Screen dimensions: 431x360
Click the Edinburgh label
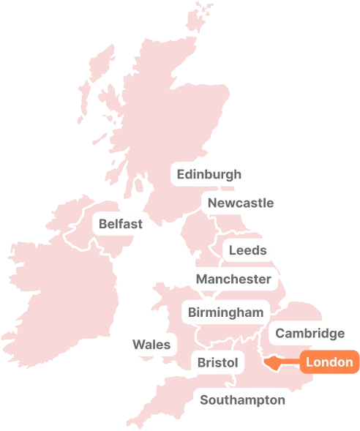[x=209, y=175]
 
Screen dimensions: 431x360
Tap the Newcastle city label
[x=240, y=203]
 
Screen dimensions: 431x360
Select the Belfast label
[x=121, y=224]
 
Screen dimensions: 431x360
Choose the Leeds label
[x=248, y=250]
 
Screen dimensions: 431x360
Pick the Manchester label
[x=233, y=279]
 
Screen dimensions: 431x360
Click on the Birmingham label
[x=225, y=312]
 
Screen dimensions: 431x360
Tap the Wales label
[x=151, y=345]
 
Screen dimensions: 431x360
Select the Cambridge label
[x=310, y=334]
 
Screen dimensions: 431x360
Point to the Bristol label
[x=218, y=362]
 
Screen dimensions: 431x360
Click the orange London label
[x=329, y=362]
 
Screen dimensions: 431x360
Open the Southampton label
[x=242, y=400]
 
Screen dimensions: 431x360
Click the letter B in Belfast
[x=103, y=224]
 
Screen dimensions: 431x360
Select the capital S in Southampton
[x=204, y=400]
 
